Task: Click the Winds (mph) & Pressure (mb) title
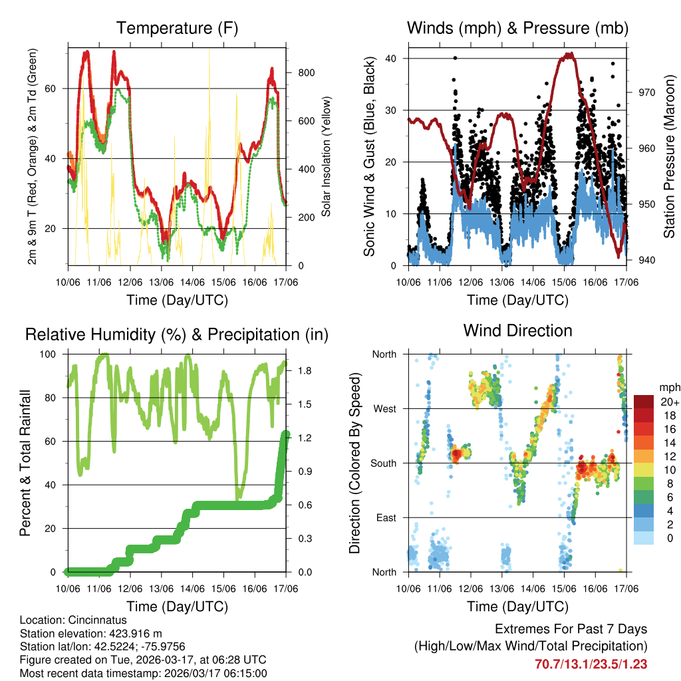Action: point(517,28)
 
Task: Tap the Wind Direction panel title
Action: point(517,330)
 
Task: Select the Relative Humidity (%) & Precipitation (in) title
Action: point(176,335)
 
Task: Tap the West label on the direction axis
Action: point(384,408)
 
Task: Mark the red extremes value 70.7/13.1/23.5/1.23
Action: point(591,664)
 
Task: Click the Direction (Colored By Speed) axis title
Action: point(355,463)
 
